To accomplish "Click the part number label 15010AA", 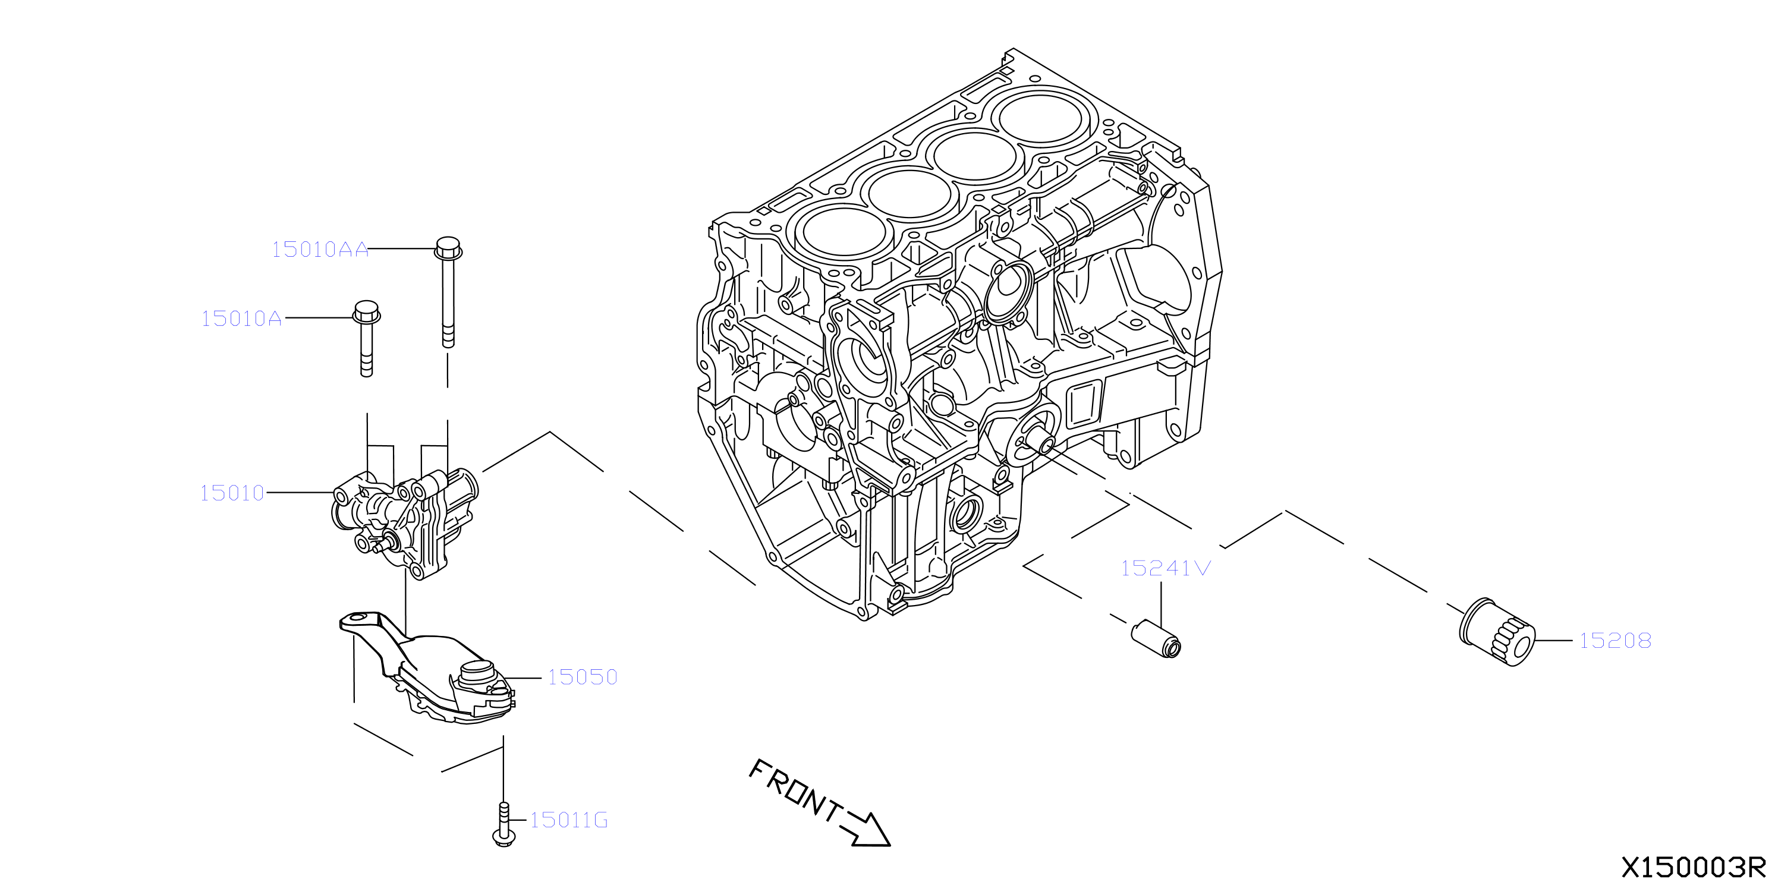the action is click(320, 250).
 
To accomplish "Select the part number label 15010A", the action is click(241, 319).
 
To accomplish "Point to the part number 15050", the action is click(582, 678).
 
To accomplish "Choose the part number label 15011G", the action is click(568, 820).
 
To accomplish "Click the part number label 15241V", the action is click(1165, 568).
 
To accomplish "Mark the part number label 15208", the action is click(1615, 641).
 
